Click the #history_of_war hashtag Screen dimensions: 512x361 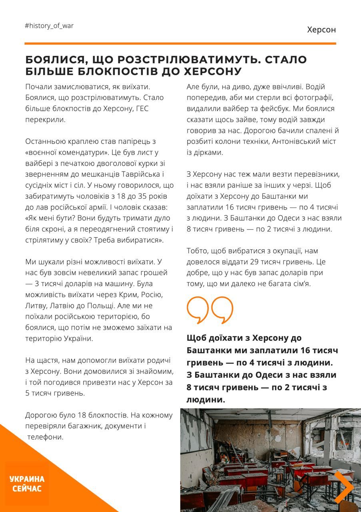[49, 26]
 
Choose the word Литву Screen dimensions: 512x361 [37, 306]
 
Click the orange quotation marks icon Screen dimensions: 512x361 [209, 310]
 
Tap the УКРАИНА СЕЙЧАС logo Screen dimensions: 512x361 [27, 484]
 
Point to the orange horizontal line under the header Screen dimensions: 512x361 [180, 43]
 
